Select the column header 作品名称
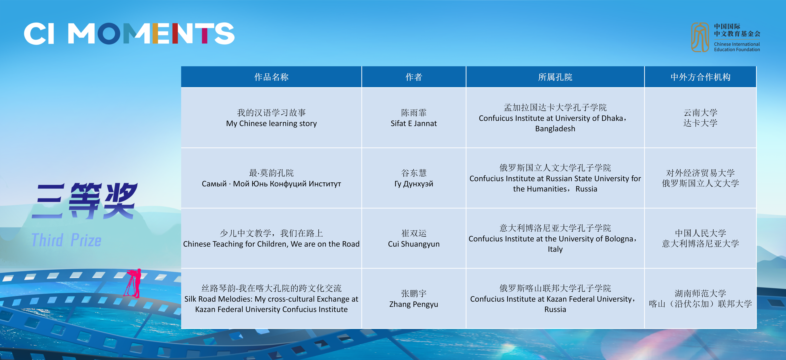click(271, 77)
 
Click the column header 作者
click(414, 77)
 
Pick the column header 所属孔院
click(555, 77)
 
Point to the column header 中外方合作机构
click(700, 77)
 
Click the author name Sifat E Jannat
click(414, 123)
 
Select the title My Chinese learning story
click(271, 123)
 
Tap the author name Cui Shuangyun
click(414, 244)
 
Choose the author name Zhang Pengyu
click(414, 304)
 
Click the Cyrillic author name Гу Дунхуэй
click(414, 184)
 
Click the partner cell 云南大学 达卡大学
click(700, 118)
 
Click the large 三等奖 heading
click(85, 201)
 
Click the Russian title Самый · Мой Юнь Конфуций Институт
click(271, 184)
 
